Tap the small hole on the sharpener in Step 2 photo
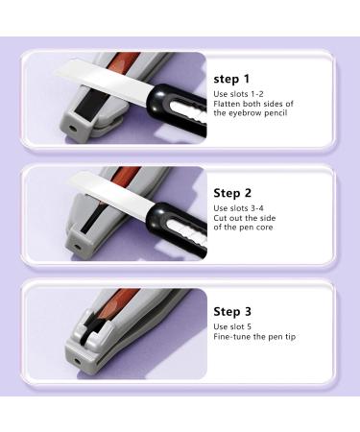click(x=76, y=246)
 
